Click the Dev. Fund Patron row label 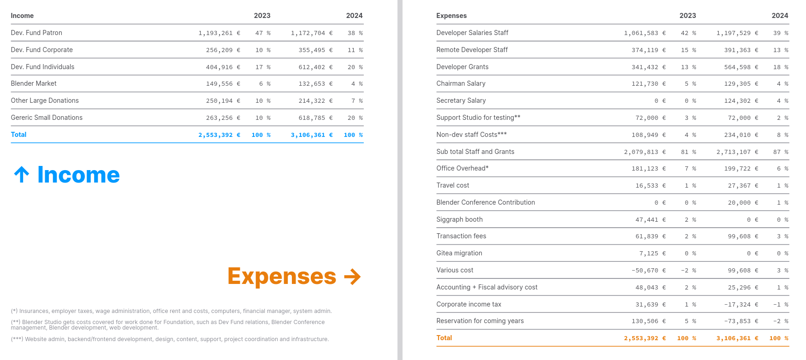pos(36,33)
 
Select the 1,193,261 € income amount pos(219,33)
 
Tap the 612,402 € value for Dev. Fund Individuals pos(315,67)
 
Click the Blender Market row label pos(34,83)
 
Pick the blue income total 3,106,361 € pos(311,135)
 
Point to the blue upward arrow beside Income pos(22,175)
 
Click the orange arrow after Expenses pos(352,277)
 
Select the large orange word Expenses pos(282,276)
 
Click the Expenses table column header pos(451,16)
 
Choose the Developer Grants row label pos(462,67)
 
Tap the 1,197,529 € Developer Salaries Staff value pos(737,33)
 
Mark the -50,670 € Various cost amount pos(648,271)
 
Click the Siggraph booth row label pos(459,219)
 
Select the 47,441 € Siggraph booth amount pos(650,220)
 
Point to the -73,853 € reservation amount pos(741,321)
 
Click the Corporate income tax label pos(468,304)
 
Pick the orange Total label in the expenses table pos(444,338)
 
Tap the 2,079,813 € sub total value pos(645,152)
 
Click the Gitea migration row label pos(459,253)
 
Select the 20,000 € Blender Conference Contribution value pos(743,203)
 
